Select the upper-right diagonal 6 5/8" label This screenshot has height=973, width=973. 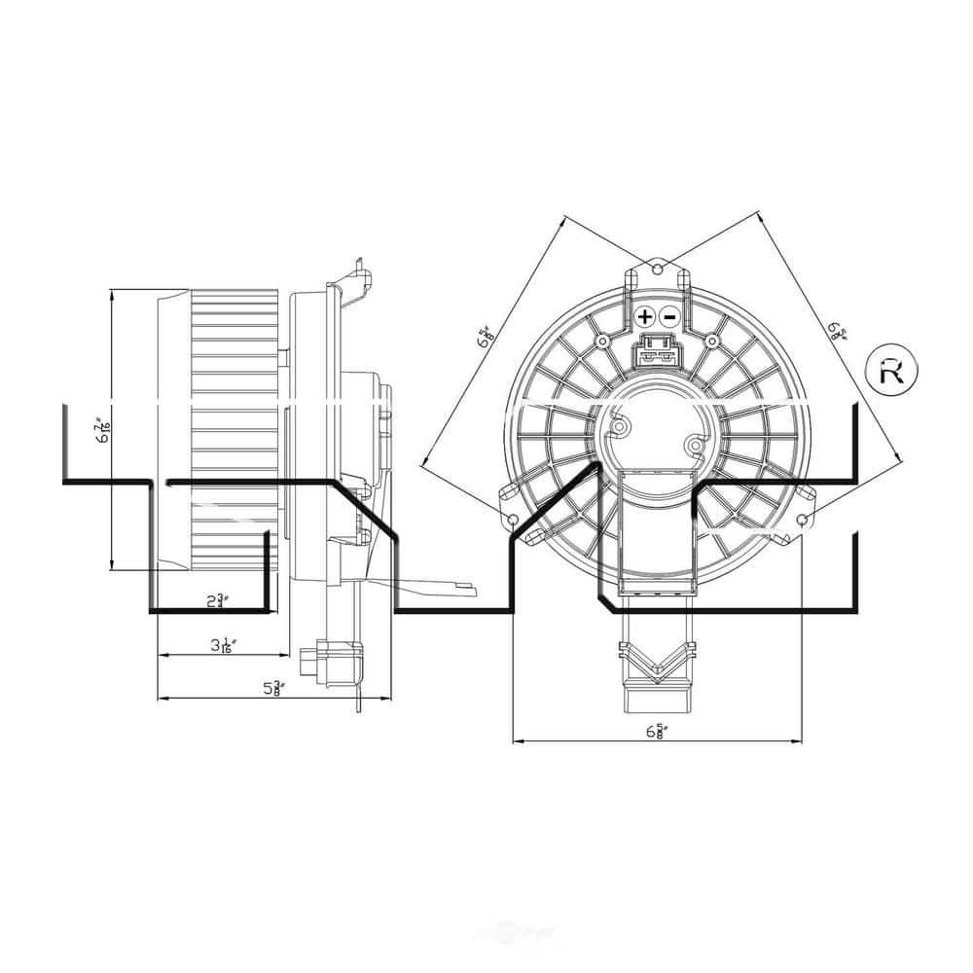pyautogui.click(x=836, y=332)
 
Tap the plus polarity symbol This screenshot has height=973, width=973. pyautogui.click(x=645, y=317)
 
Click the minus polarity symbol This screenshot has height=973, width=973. pyautogui.click(x=669, y=317)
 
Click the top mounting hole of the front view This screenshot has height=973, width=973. pyautogui.click(x=657, y=268)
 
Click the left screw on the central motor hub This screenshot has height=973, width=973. pyautogui.click(x=619, y=423)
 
